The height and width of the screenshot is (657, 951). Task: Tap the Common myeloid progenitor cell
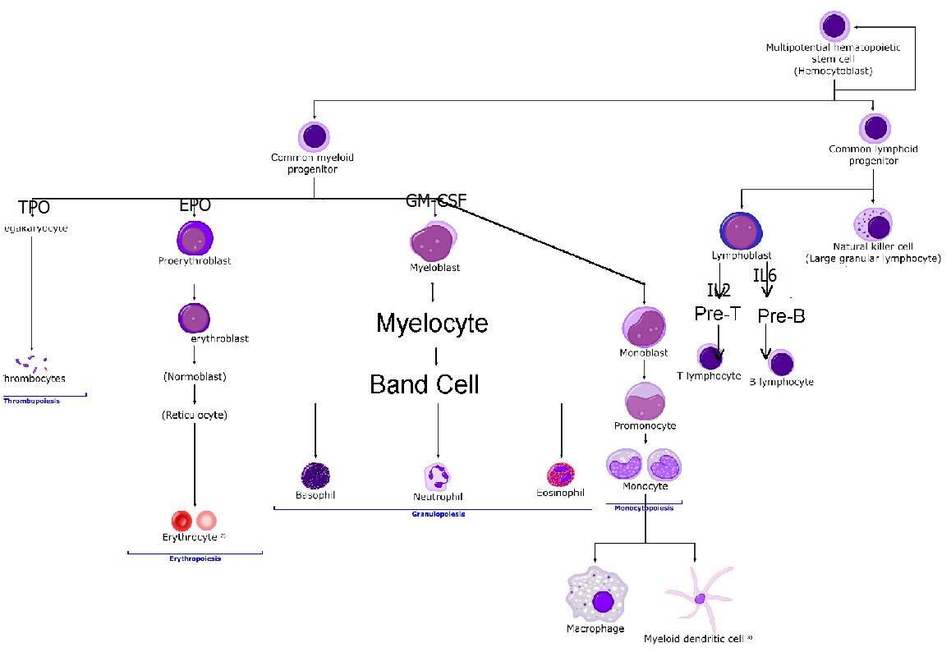(314, 136)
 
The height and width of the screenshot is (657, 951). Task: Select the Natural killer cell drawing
(873, 224)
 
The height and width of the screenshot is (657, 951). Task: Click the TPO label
(34, 207)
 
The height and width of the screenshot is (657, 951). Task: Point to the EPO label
(195, 204)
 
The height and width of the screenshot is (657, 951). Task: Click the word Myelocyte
(432, 323)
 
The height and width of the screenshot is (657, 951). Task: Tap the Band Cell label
(424, 384)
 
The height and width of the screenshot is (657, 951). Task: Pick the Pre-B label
(781, 316)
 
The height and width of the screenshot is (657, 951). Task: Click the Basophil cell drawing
(315, 475)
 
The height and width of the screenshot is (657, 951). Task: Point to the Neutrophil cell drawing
(438, 476)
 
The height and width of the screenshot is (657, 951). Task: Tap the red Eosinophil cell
(561, 475)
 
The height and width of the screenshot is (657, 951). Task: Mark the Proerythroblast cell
(195, 238)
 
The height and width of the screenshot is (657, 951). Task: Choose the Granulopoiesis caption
(438, 514)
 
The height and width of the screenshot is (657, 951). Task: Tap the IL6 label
(765, 276)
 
